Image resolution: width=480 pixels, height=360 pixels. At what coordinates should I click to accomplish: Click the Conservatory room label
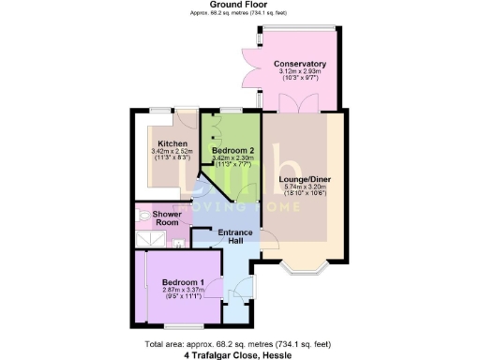tap(300, 65)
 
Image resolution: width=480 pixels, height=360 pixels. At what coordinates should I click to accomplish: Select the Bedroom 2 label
tap(233, 150)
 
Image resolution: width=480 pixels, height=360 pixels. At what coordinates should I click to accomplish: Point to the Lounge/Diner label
tap(306, 178)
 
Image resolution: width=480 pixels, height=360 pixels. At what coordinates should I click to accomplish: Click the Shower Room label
tap(168, 217)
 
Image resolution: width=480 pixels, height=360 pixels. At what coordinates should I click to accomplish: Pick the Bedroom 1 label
tap(182, 282)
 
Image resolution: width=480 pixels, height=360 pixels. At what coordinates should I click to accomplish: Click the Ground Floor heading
tap(240, 6)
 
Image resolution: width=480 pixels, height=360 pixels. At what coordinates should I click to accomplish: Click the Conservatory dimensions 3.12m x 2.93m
tap(300, 73)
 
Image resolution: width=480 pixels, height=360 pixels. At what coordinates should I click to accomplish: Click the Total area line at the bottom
tap(240, 343)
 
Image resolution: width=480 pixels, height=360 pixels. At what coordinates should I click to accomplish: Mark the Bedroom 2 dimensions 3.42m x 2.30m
tap(233, 158)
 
